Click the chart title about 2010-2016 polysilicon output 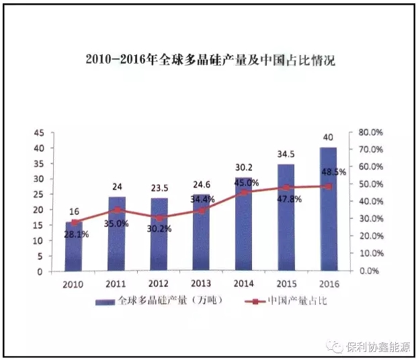[x=210, y=60]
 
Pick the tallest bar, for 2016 [x=329, y=209]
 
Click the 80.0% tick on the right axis [x=370, y=132]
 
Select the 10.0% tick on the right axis [x=370, y=254]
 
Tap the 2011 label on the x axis [x=117, y=283]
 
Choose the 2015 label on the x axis [x=286, y=283]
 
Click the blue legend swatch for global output [x=106, y=301]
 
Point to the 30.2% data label [x=159, y=228]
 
